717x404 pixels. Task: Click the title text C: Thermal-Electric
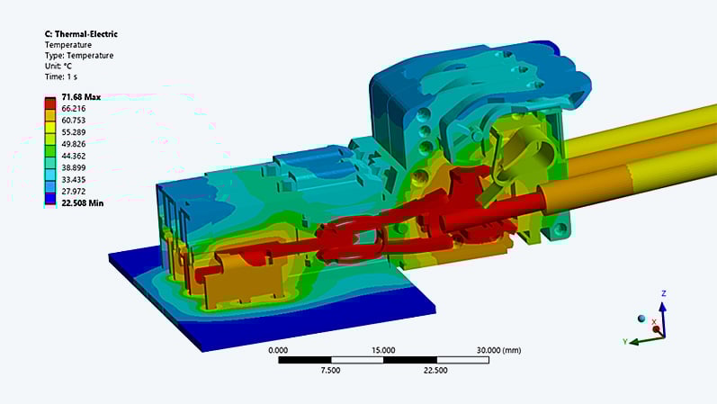coord(81,34)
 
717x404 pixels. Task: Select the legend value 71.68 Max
coord(81,97)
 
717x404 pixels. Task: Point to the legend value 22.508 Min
coord(82,203)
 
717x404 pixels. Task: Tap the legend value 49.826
coord(74,144)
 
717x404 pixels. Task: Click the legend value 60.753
coord(74,121)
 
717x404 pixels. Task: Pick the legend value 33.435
coord(74,180)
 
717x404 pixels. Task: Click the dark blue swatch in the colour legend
coord(50,200)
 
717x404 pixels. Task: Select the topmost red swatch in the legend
coord(50,103)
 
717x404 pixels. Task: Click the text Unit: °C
coord(58,66)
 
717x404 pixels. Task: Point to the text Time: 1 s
coord(61,76)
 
